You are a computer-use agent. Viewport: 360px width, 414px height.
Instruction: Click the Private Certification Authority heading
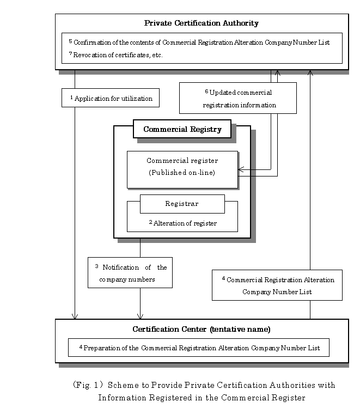(202, 23)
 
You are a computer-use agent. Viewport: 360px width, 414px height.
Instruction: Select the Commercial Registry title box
(182, 129)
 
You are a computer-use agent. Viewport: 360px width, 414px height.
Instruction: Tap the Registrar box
(182, 204)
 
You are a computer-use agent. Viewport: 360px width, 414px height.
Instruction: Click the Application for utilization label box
(111, 98)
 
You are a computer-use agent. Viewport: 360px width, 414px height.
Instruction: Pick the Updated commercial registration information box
(238, 98)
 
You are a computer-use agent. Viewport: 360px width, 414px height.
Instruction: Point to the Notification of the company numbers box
(130, 272)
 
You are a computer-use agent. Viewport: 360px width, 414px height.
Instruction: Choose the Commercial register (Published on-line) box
(182, 169)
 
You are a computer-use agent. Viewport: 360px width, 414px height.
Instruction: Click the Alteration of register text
(183, 223)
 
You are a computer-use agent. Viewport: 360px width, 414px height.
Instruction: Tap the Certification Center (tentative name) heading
(202, 329)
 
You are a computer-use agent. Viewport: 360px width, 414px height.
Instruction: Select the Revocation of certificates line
(115, 54)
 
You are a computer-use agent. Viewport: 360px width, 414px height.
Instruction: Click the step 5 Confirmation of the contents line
(199, 42)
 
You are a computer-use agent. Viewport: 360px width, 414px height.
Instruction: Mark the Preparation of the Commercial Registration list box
(199, 348)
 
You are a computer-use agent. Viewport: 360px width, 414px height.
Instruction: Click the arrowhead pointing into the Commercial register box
(241, 169)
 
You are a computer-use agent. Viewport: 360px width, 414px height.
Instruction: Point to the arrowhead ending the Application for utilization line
(75, 316)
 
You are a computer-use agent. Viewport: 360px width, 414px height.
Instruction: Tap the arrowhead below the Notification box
(140, 316)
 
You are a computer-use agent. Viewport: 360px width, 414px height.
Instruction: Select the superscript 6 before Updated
(206, 92)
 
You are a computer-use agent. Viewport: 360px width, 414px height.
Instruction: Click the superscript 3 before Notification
(97, 266)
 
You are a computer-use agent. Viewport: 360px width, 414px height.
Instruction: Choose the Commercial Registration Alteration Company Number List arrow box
(277, 285)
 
